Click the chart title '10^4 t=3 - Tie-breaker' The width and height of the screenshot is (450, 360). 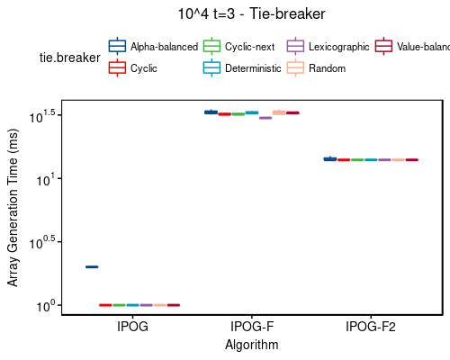pos(251,13)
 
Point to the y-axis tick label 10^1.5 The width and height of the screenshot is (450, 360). pos(45,114)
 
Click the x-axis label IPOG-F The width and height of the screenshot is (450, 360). pos(252,327)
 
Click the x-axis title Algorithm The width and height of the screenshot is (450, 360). pos(252,345)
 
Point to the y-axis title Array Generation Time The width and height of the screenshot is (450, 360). pos(13,208)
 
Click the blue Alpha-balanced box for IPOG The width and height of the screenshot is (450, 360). pos(92,266)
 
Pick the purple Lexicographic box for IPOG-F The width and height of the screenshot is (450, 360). pos(265,118)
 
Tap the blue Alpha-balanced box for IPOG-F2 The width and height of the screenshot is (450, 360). pos(329,158)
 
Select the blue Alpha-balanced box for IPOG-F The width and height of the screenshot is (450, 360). pos(211,112)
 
